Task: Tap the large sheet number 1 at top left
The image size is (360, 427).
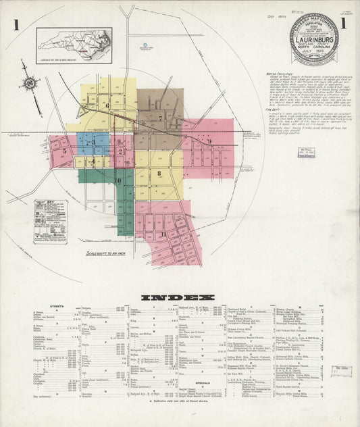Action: (x=12, y=25)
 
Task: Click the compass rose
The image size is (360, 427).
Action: (x=30, y=83)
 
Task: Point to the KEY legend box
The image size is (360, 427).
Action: (x=51, y=221)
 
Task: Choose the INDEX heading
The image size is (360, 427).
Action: (x=178, y=297)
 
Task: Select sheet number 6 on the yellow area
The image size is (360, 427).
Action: (x=107, y=105)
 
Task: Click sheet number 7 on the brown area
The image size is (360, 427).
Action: (x=160, y=118)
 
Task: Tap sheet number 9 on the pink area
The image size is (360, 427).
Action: (x=209, y=141)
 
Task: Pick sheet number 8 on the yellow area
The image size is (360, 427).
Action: (x=159, y=173)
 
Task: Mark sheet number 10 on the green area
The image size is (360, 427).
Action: (x=118, y=181)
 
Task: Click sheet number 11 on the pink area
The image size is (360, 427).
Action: (x=163, y=234)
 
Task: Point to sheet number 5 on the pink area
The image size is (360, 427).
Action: (x=65, y=151)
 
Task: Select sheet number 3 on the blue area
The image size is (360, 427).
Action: (x=90, y=143)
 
